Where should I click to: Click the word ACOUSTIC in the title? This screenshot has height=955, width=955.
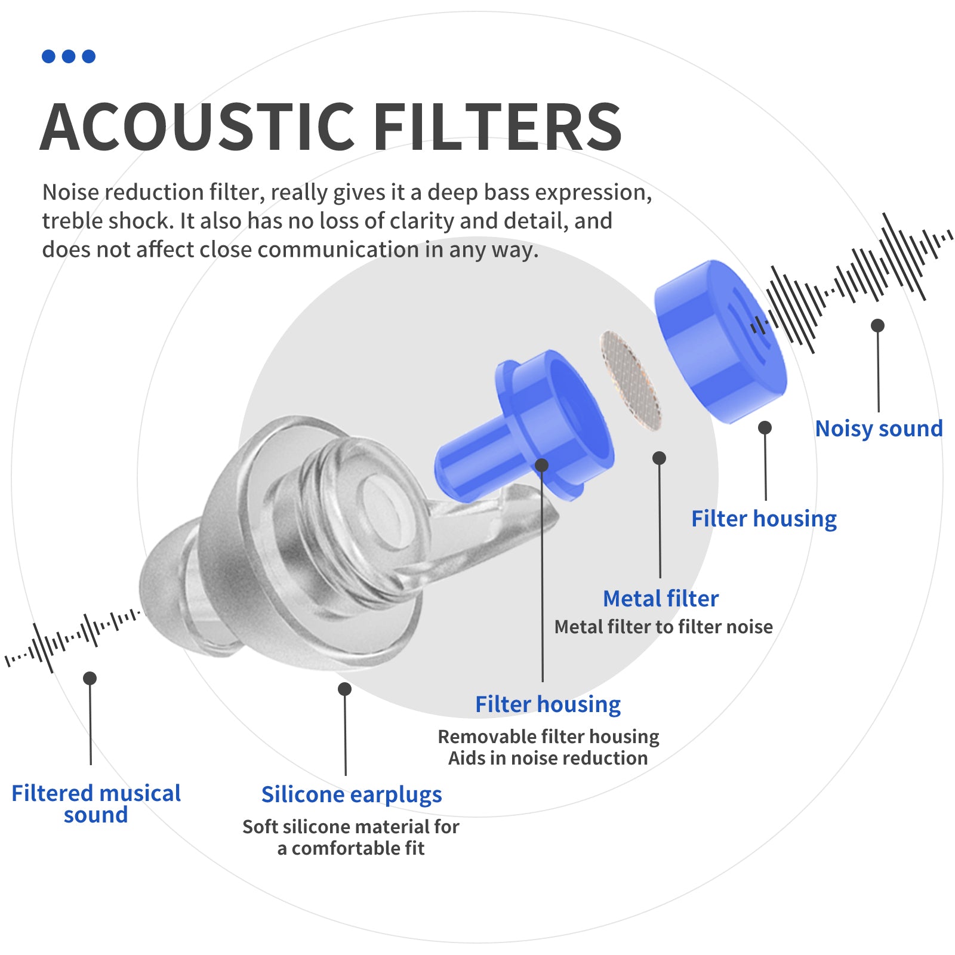(198, 127)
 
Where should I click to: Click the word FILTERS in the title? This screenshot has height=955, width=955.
(498, 127)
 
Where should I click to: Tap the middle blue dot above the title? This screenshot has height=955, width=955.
(69, 56)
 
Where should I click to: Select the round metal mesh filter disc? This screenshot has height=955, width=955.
(631, 380)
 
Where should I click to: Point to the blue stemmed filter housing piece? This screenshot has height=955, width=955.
(525, 427)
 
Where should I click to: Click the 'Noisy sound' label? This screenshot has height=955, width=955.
(879, 429)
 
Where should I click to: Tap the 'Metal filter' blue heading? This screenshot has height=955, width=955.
(661, 598)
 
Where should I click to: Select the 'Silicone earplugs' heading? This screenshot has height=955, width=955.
(352, 794)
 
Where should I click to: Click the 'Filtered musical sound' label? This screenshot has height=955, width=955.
(96, 803)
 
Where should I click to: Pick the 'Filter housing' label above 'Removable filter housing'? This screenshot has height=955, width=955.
(548, 704)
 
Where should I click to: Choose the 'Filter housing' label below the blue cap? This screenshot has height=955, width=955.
(764, 519)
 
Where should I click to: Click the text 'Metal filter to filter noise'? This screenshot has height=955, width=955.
(663, 627)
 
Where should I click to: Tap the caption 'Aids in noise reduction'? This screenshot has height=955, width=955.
(548, 758)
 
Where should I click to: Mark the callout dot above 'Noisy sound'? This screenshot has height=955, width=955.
(877, 325)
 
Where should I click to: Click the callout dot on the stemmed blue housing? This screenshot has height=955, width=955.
(541, 465)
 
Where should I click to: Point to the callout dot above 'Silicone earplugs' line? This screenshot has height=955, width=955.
(344, 689)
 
